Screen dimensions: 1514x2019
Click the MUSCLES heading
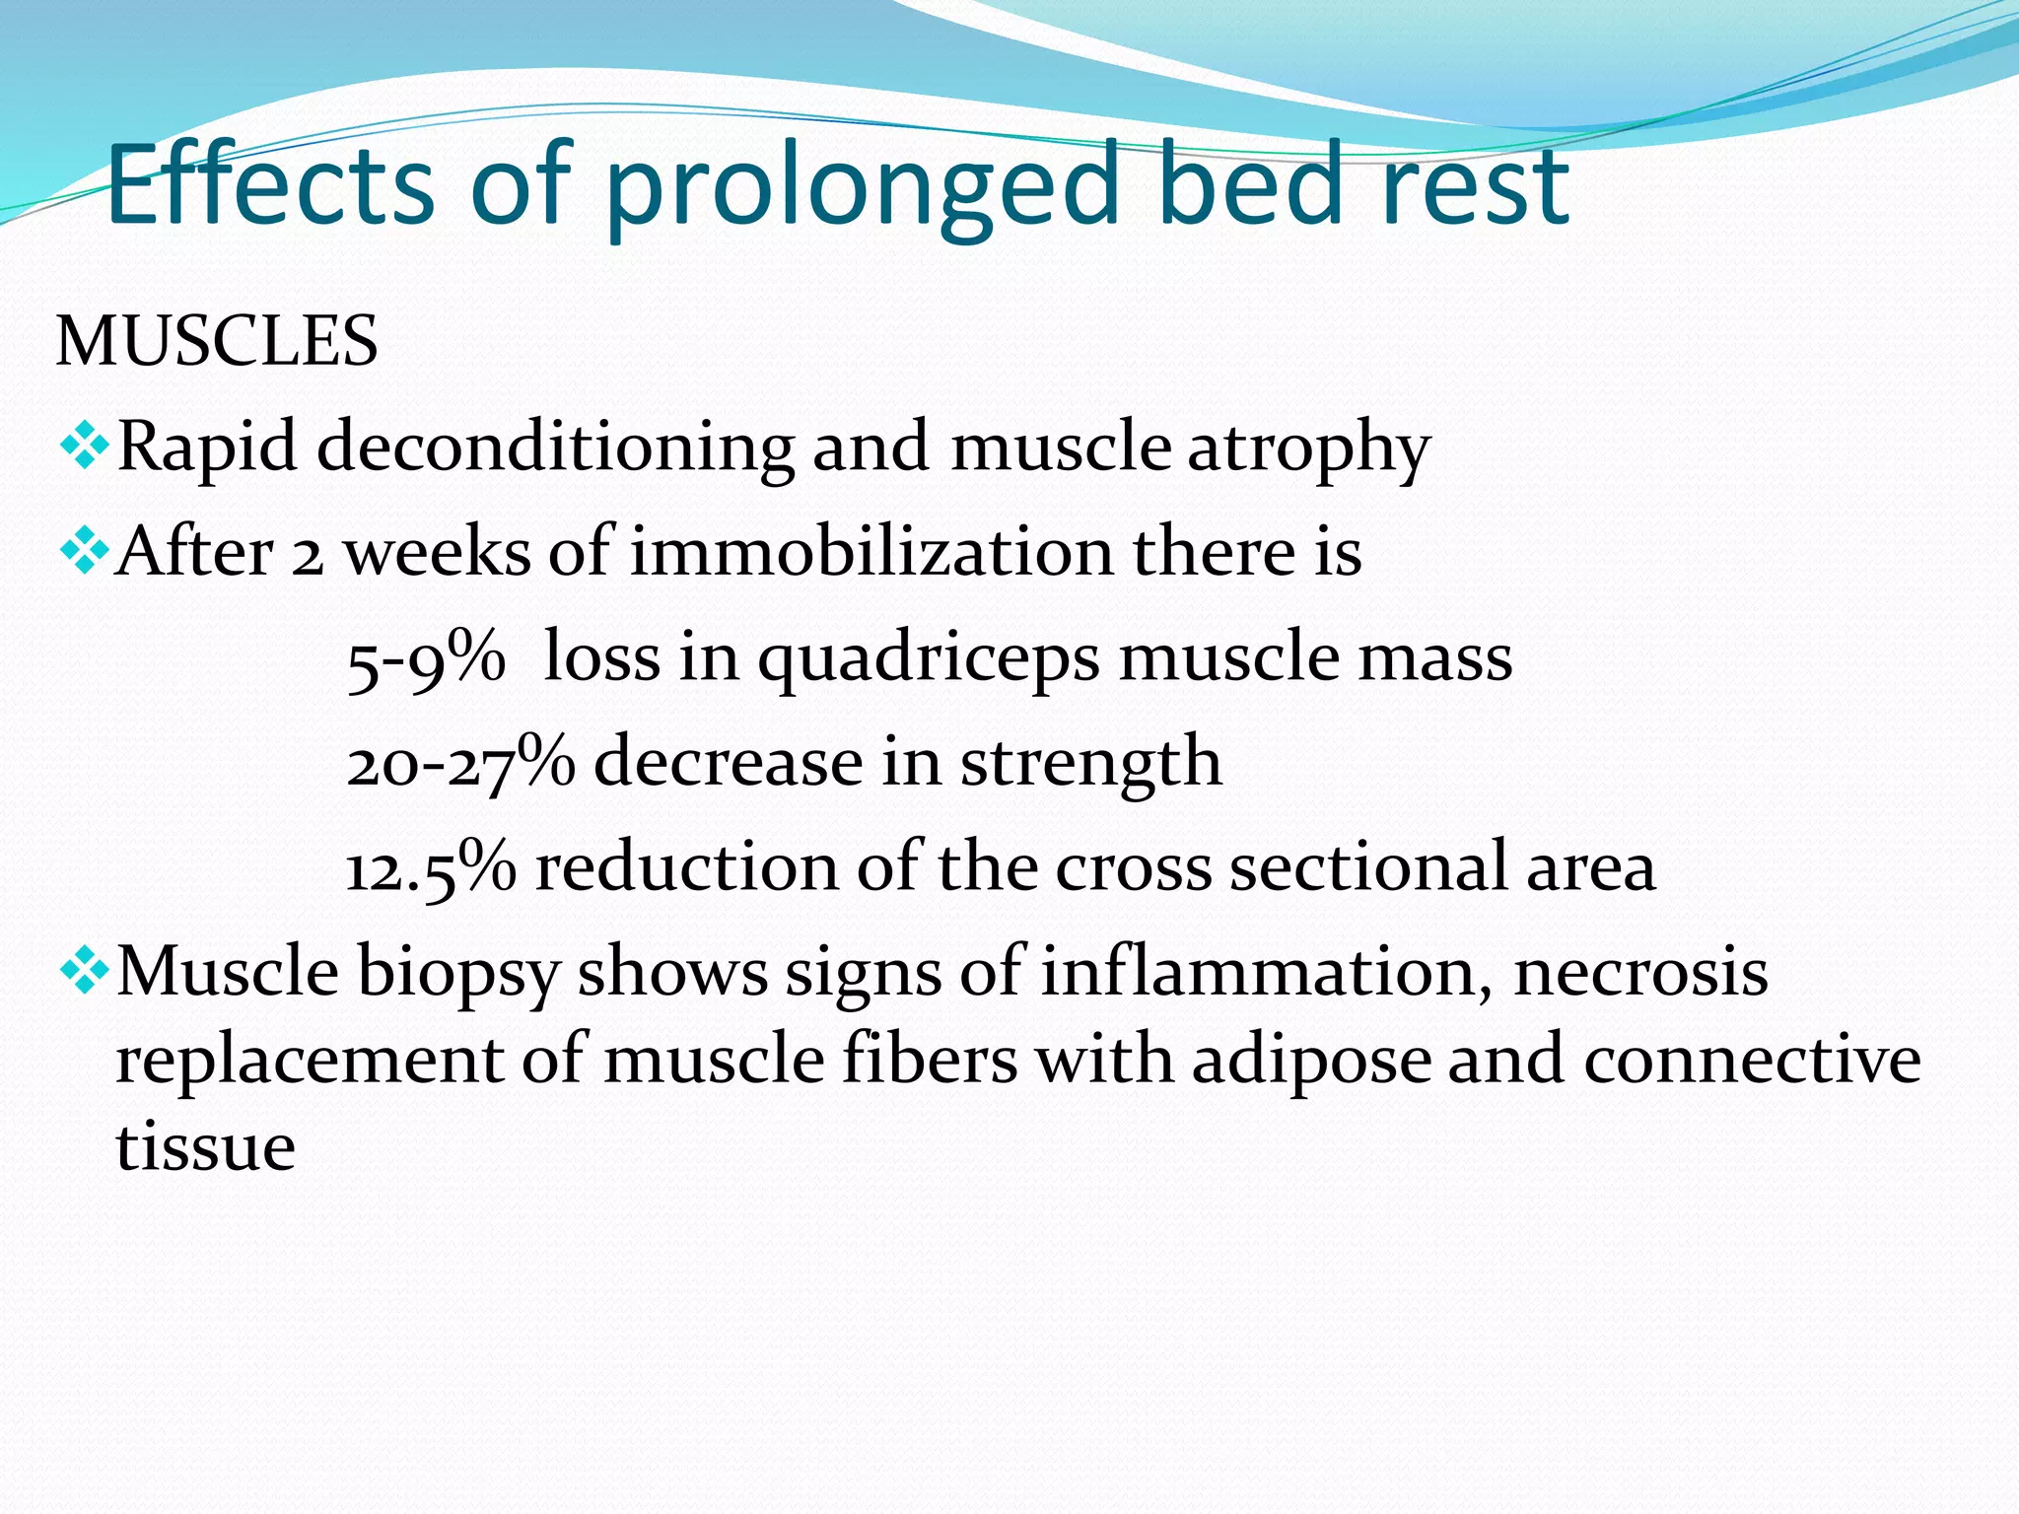coord(217,342)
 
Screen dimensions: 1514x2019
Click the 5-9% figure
coord(425,658)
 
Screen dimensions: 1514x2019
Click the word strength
coord(1091,765)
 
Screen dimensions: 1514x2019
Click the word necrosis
coord(1640,973)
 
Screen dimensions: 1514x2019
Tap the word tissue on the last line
coord(205,1147)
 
